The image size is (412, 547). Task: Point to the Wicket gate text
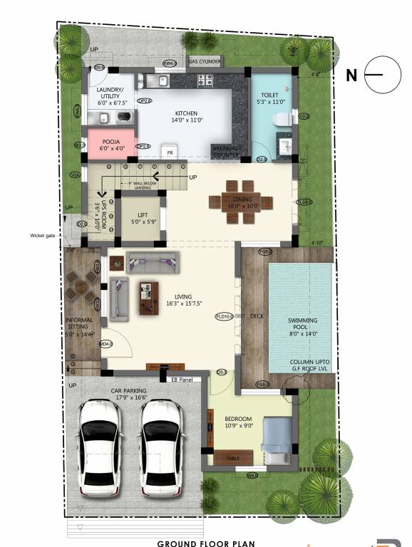point(42,235)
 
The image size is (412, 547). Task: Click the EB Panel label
point(182,379)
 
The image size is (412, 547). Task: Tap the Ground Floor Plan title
point(205,543)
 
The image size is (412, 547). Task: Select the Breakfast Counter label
point(227,151)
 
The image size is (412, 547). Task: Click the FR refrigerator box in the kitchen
point(170,152)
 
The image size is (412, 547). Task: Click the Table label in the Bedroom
point(232,459)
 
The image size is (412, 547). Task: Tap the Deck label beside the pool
point(257,317)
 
